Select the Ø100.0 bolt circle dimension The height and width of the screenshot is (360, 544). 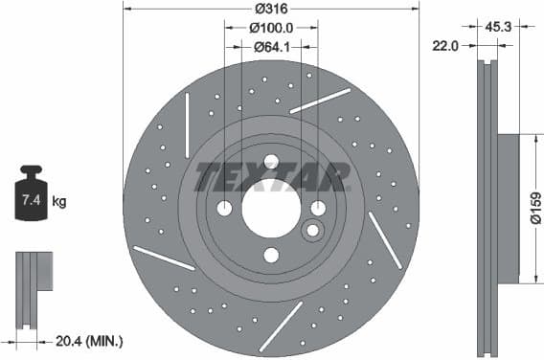271,28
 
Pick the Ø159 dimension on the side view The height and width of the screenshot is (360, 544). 535,209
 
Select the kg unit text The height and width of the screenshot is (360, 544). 58,201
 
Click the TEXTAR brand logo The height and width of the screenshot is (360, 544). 271,177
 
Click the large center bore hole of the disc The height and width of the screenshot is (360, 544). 271,208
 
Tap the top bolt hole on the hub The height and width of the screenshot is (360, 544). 271,161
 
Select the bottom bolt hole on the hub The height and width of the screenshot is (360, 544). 271,255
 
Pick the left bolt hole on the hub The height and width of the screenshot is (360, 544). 224,208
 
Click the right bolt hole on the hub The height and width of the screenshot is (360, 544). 318,208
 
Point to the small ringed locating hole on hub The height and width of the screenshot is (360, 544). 311,231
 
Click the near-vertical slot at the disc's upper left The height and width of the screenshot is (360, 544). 186,112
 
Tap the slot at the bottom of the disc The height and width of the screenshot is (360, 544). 280,325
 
